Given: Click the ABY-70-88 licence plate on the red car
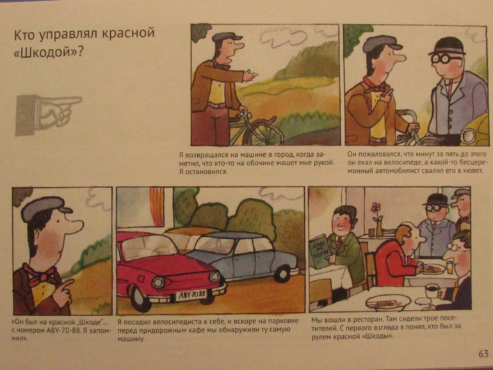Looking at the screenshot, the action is tap(191, 295).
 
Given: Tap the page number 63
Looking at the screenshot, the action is tap(483, 354).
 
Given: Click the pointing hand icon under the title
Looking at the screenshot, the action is tap(49, 115).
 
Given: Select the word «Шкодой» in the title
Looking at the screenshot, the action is tap(45, 52).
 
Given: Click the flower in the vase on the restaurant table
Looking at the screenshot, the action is tap(375, 208).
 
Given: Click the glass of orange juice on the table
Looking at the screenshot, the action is tap(449, 266).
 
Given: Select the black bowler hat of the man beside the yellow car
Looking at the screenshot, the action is tap(448, 46).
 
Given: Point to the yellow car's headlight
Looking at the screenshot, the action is tap(469, 134).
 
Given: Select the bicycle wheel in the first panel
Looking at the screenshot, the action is tap(264, 133).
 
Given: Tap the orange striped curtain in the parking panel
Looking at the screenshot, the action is tap(157, 206).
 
